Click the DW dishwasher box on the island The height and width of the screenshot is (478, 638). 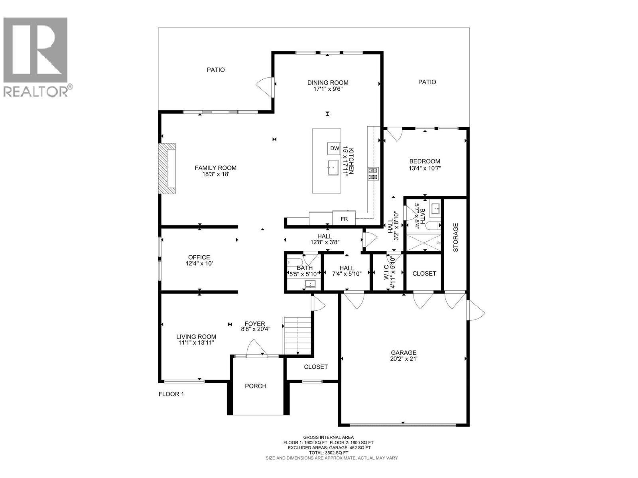coord(335,148)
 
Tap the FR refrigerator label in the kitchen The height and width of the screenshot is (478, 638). coord(344,219)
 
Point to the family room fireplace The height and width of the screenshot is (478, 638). coord(167,168)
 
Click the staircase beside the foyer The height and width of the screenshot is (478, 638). coord(297,335)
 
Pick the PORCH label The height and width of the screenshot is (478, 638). coord(256,386)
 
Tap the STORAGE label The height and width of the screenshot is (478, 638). coord(455,237)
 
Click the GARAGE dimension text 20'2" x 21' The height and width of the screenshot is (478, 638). coord(404,359)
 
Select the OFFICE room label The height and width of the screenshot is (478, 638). coord(199,257)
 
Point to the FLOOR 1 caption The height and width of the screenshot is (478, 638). coord(171,394)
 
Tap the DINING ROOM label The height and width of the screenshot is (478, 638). coord(328,83)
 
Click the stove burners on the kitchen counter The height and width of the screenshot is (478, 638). coord(372,174)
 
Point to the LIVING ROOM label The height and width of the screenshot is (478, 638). coord(196,337)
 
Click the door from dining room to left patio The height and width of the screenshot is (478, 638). coord(265,87)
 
